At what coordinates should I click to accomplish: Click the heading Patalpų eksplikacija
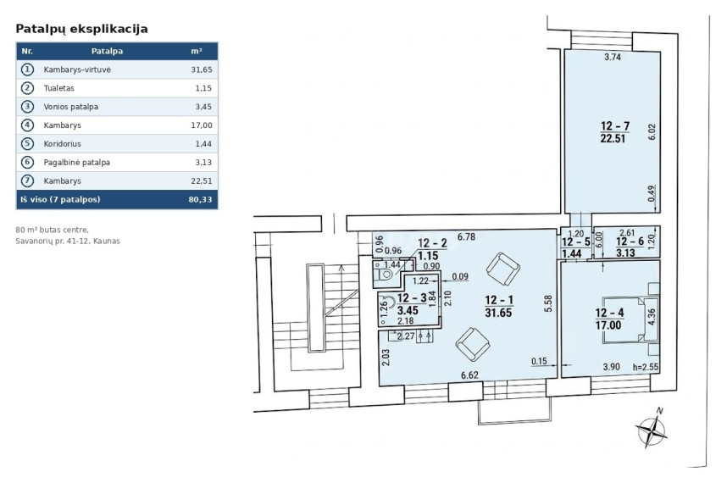[81, 29]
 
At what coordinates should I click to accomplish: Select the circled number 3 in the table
[27, 107]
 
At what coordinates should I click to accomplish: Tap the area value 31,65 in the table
[202, 69]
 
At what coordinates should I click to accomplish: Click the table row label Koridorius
[62, 144]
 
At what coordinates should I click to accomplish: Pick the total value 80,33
[200, 199]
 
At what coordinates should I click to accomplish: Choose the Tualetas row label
[58, 88]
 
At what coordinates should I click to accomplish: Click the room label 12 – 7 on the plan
[615, 125]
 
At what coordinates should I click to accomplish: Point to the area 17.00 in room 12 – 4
[608, 325]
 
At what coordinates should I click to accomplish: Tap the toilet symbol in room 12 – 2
[384, 275]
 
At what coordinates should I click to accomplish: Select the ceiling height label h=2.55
[646, 367]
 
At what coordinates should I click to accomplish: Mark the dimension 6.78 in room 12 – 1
[466, 237]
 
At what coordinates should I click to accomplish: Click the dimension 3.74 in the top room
[613, 57]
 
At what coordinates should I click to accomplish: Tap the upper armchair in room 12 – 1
[503, 269]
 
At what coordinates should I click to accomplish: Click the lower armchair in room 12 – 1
[473, 345]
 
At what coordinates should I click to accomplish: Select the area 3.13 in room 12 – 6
[625, 253]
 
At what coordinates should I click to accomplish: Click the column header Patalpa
[107, 51]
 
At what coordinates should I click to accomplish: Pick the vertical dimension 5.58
[548, 303]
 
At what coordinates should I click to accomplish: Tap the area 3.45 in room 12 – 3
[408, 311]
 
